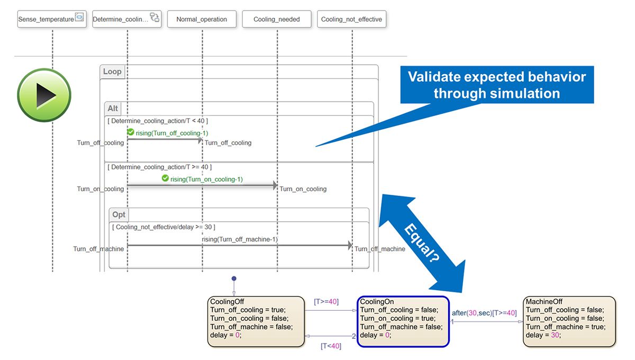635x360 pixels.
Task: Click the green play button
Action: click(x=44, y=95)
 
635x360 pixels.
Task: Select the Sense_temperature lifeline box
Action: click(x=52, y=19)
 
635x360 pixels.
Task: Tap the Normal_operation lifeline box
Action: click(x=202, y=19)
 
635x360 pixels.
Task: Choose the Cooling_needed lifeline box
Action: click(x=277, y=19)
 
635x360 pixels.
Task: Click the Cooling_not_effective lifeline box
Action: click(x=351, y=19)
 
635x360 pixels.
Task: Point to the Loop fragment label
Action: click(x=112, y=71)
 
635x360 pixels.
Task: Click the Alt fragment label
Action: click(x=113, y=109)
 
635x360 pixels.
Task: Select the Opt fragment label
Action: click(x=119, y=214)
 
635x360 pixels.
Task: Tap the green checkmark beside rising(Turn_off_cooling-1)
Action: click(x=130, y=132)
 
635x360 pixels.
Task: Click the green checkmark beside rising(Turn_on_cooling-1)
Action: click(x=165, y=178)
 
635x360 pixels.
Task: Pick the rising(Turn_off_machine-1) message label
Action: click(x=240, y=239)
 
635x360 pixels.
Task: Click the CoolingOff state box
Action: click(x=256, y=321)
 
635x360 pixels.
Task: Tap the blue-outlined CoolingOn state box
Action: click(x=403, y=321)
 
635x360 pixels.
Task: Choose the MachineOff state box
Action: click(x=569, y=321)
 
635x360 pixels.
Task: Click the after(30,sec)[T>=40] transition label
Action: click(x=484, y=313)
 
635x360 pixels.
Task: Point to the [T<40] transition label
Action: click(x=331, y=346)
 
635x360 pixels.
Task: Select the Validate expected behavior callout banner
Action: click(x=496, y=85)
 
